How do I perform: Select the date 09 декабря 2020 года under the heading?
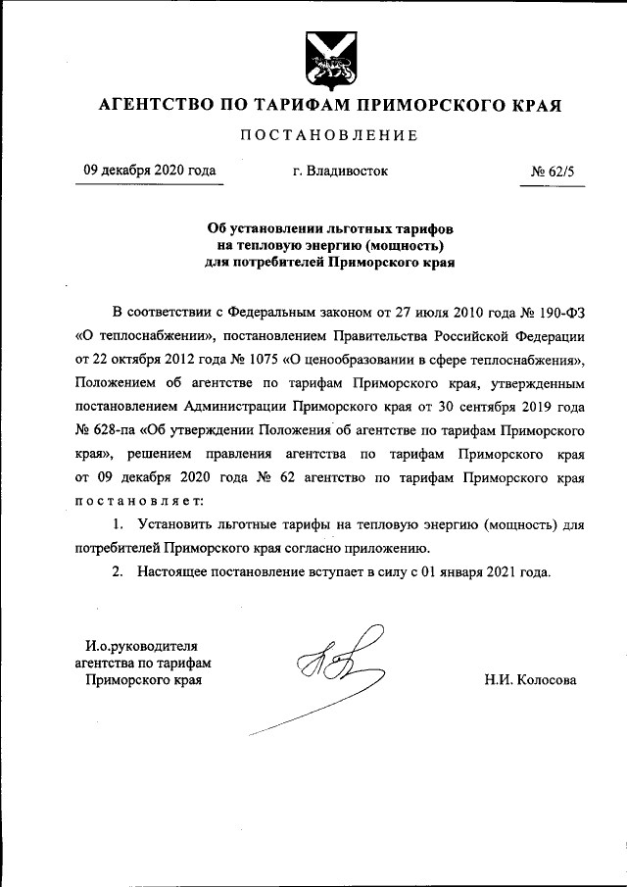click(x=150, y=171)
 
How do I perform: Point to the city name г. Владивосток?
click(x=340, y=171)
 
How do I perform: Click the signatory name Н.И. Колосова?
click(x=530, y=679)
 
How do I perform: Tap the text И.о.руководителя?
click(x=141, y=645)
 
